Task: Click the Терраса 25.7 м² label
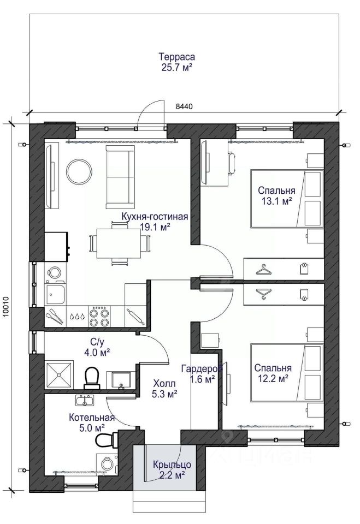coord(177,62)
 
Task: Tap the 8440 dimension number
coord(184,106)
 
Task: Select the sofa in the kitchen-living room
coord(120,177)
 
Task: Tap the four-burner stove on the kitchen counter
coord(99,316)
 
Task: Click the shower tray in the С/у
coord(59,374)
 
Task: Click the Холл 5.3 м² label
coord(164,388)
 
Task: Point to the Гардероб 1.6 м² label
coord(202,373)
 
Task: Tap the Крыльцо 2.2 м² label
coord(172,469)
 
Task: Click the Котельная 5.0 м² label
coord(92,422)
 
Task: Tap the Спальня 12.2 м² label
coord(273,373)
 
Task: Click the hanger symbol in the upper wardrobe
coord(264,270)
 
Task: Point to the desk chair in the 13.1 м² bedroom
coord(232,163)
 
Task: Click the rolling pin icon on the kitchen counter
coord(135,316)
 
